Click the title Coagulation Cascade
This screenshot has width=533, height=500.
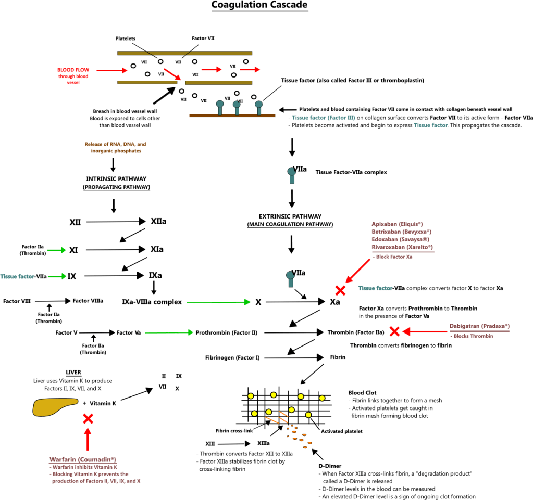point(259,6)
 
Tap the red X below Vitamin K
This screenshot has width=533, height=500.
point(88,419)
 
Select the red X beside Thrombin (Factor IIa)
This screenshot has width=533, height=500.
point(394,331)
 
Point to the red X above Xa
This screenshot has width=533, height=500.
point(340,290)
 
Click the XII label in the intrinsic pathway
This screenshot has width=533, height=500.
point(76,222)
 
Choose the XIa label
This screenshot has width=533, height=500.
point(157,250)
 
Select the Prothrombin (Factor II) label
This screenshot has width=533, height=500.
point(226,332)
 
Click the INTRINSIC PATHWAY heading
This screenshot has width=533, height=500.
point(116,180)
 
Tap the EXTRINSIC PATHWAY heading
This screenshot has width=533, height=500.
point(290,216)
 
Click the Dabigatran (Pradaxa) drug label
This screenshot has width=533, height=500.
point(479,326)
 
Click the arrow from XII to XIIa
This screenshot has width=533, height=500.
point(115,222)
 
